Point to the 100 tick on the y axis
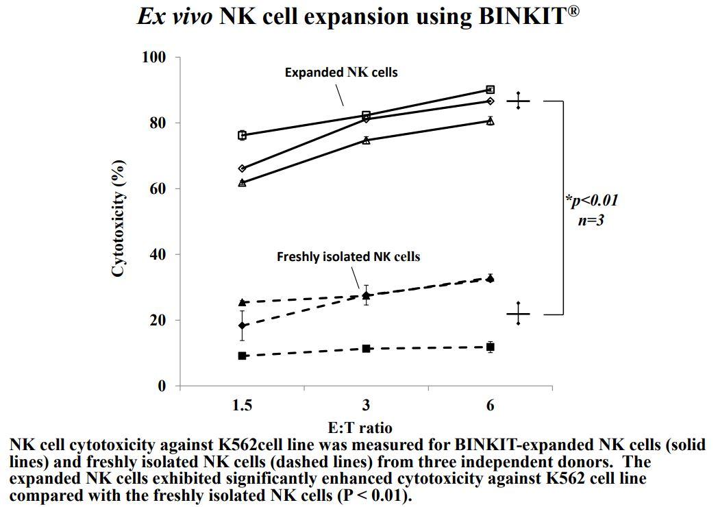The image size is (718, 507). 154,57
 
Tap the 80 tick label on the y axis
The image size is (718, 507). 158,123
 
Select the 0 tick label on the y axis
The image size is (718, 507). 162,386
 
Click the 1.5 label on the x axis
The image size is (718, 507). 242,405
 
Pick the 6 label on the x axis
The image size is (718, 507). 491,405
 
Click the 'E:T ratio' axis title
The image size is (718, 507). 360,428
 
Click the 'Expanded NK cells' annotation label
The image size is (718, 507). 341,72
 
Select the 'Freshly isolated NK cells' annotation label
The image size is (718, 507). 348,257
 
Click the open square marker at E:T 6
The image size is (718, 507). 491,90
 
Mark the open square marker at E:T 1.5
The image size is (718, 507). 242,136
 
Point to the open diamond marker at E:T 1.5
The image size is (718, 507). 242,169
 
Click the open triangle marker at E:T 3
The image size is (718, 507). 367,140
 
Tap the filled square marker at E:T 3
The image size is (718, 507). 367,349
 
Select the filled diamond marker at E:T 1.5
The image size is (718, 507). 242,325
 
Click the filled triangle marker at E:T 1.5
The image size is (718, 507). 242,302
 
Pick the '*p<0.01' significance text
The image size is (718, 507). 592,201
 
